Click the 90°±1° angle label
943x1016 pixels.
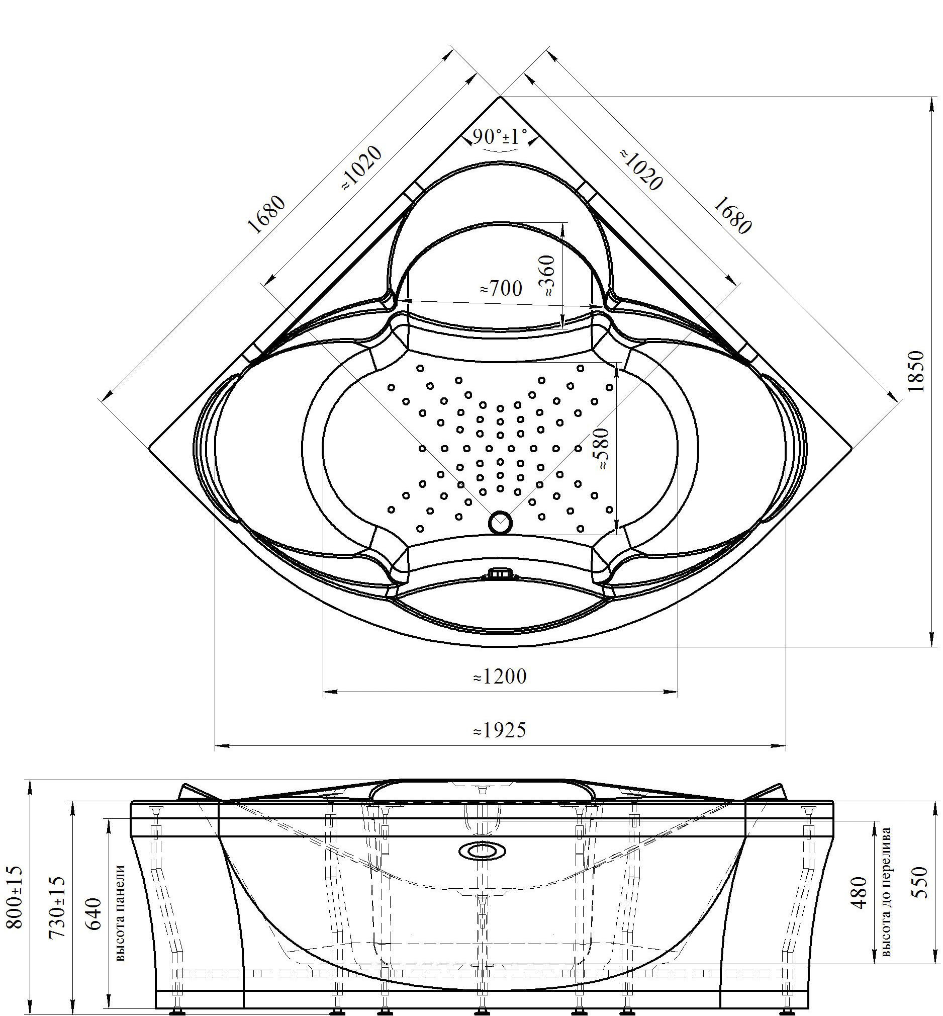click(x=500, y=137)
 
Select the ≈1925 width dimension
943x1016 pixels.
click(x=500, y=731)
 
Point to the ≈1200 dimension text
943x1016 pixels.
click(x=500, y=676)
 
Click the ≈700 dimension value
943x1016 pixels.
click(x=501, y=289)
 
